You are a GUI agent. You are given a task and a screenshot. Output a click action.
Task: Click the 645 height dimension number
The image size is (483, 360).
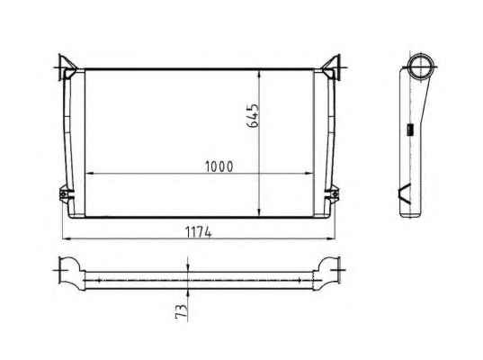254,115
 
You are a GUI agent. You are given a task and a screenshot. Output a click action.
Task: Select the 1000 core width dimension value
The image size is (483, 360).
219,166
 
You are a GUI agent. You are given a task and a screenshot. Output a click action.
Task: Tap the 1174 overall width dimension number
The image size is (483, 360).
199,232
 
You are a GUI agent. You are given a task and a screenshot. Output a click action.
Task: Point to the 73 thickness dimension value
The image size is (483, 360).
181,311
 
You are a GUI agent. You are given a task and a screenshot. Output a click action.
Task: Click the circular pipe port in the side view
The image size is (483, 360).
420,67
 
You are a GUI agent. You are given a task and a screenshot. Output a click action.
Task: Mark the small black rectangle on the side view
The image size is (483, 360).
409,129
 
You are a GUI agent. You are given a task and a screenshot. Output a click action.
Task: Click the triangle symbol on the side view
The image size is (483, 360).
405,193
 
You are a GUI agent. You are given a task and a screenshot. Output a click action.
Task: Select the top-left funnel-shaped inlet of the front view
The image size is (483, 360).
67,67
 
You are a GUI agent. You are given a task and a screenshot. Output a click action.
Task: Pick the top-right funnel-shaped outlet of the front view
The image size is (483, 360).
332,67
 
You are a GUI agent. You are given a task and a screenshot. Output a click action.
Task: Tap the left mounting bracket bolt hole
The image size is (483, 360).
64,194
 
